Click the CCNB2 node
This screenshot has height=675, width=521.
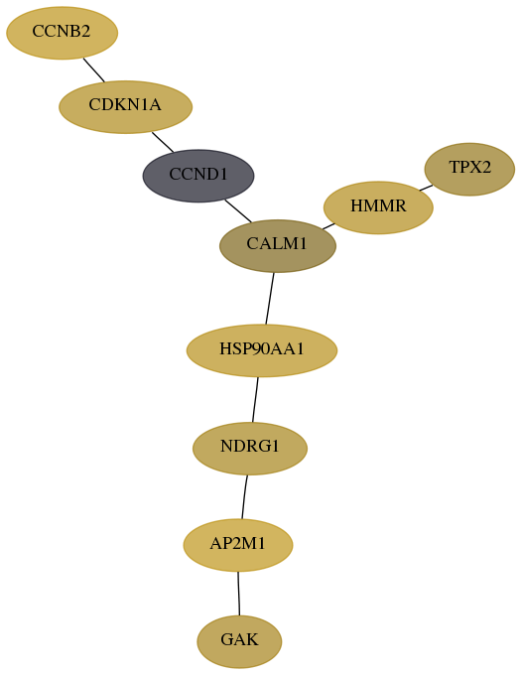click(x=62, y=33)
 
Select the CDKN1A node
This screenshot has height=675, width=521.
click(x=125, y=107)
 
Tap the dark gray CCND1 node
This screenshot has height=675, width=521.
click(x=198, y=176)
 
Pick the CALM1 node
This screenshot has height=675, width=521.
click(x=278, y=246)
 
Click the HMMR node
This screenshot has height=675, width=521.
click(x=378, y=207)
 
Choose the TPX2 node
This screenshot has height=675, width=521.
click(x=469, y=169)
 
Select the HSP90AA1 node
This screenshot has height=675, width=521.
click(x=262, y=350)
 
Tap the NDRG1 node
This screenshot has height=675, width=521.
click(x=250, y=449)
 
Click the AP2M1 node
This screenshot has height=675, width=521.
click(x=238, y=545)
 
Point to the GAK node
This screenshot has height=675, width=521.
click(x=239, y=641)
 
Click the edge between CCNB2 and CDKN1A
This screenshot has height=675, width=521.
click(x=94, y=69)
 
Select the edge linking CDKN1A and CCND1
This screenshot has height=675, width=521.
click(x=163, y=142)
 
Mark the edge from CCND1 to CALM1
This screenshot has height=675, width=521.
click(x=238, y=210)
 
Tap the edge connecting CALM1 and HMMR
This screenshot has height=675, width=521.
click(x=328, y=226)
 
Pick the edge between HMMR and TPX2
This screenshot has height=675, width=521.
click(x=426, y=188)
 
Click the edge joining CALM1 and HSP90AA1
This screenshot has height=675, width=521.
click(x=270, y=299)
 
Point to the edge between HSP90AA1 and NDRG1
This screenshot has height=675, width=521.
click(x=255, y=400)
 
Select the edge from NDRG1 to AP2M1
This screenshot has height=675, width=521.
click(x=244, y=497)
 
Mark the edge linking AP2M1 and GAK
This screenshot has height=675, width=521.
click(x=238, y=594)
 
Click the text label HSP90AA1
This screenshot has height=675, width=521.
click(x=262, y=348)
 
